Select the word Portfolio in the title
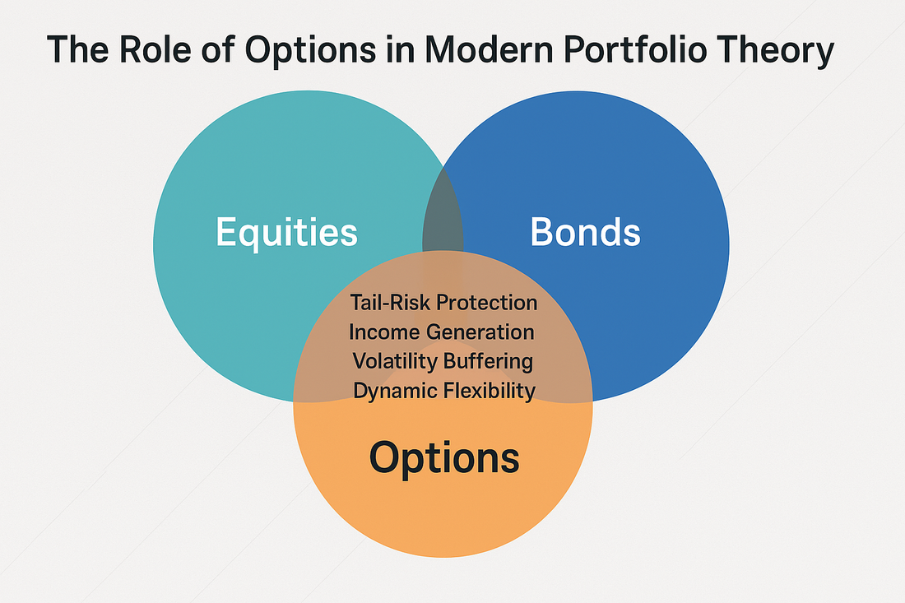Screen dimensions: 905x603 click(634, 49)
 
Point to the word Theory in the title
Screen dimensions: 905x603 click(774, 51)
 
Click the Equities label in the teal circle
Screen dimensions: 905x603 click(287, 233)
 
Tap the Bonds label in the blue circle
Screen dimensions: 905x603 click(585, 232)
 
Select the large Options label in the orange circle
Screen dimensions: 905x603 click(444, 459)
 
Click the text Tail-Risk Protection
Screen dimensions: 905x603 click(443, 303)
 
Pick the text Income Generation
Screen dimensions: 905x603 click(442, 332)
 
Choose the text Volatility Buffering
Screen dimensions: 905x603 click(443, 362)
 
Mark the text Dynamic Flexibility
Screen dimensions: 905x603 click(444, 392)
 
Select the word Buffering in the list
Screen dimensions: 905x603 click(488, 362)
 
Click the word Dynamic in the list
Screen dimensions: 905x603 click(392, 392)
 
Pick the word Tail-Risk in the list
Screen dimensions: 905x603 click(391, 303)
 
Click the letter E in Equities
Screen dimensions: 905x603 click(226, 232)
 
